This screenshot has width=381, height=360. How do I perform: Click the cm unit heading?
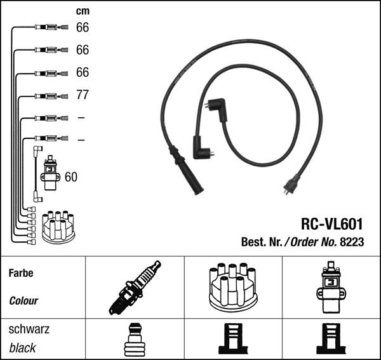click(83, 11)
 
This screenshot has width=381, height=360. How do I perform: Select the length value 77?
click(83, 95)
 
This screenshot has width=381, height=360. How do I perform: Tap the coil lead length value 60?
click(71, 177)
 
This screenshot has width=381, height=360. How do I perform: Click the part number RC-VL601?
click(331, 223)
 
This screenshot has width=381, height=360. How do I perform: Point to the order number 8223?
click(352, 242)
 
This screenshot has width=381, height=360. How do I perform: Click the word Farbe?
click(21, 273)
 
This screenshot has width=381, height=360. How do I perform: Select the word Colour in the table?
click(23, 301)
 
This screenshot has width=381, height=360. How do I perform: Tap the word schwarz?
click(29, 330)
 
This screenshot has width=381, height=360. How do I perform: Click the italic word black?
click(22, 348)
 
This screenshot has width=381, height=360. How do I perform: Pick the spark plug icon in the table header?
click(135, 288)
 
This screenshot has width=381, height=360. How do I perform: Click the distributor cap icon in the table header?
click(233, 287)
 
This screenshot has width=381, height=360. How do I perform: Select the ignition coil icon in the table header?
click(331, 287)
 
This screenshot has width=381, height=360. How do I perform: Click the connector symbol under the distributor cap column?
click(233, 339)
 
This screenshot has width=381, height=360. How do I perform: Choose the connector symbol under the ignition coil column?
click(331, 339)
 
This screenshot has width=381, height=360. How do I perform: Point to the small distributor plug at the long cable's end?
click(291, 185)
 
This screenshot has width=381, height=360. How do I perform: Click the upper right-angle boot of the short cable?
click(217, 109)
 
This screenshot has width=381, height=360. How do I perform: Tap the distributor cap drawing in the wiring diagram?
click(58, 227)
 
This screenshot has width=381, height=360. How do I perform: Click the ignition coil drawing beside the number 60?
click(50, 173)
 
